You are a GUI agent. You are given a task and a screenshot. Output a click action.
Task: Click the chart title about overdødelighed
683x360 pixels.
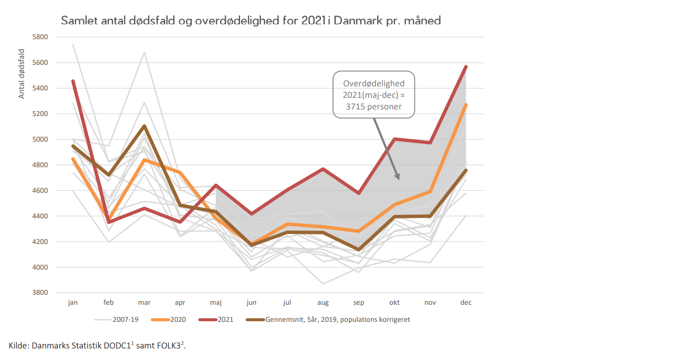pyautogui.click(x=251, y=21)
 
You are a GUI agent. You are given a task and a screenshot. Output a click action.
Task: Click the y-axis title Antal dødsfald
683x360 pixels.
pyautogui.click(x=22, y=73)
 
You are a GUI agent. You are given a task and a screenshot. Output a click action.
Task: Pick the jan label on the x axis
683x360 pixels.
pyautogui.click(x=73, y=303)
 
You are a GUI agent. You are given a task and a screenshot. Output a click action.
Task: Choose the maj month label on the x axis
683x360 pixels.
pyautogui.click(x=216, y=303)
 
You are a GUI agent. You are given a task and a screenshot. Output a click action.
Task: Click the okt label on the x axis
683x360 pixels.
pyautogui.click(x=395, y=303)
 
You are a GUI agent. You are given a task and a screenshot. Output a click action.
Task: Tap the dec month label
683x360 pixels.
pyautogui.click(x=466, y=303)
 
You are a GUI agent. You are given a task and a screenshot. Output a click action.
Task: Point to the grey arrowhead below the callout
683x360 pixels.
pyautogui.click(x=398, y=177)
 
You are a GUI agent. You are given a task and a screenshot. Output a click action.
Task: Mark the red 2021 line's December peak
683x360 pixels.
pyautogui.click(x=466, y=67)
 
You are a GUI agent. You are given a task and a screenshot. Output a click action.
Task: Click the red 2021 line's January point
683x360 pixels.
pyautogui.click(x=73, y=81)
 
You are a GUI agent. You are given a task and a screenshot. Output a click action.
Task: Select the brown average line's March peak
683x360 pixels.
pyautogui.click(x=145, y=126)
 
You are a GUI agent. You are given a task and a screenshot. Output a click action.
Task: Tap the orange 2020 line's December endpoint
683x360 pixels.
pyautogui.click(x=466, y=105)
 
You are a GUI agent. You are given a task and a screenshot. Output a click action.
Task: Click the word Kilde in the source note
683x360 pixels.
pyautogui.click(x=18, y=345)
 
